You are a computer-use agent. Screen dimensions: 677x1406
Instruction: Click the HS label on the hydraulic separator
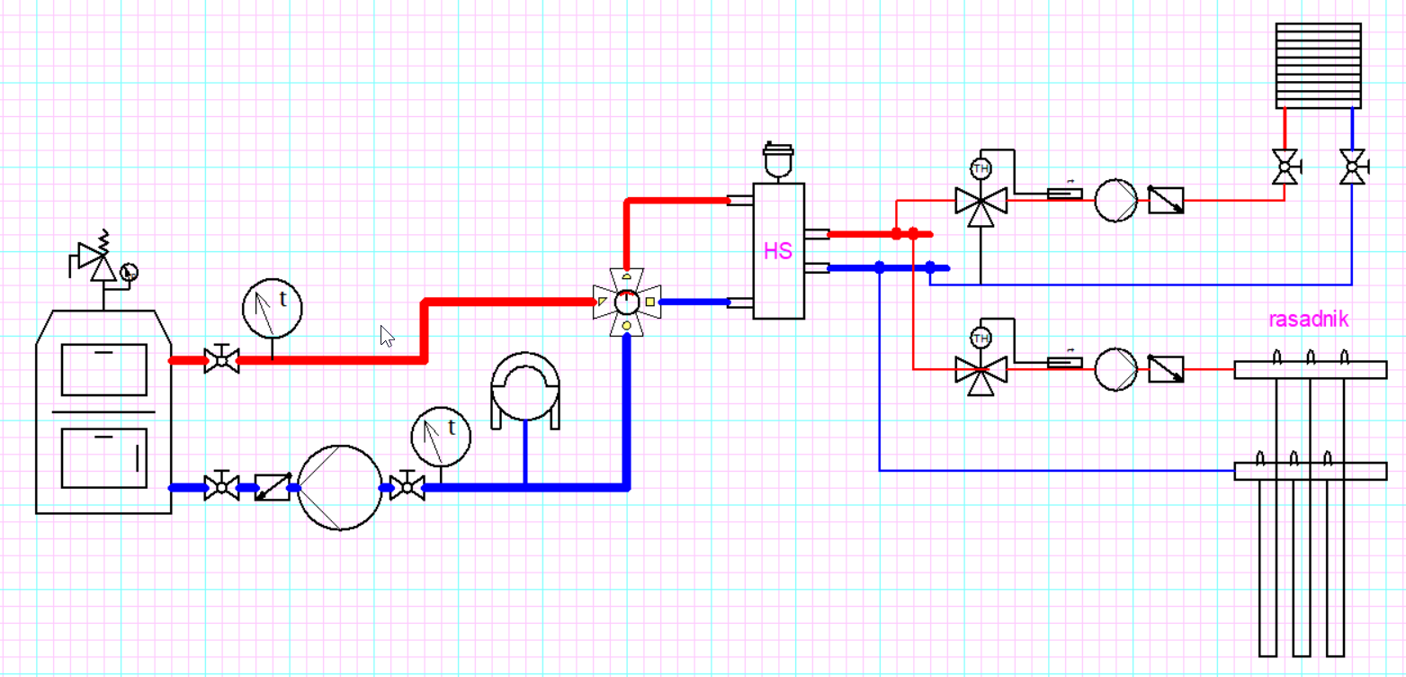[x=778, y=251]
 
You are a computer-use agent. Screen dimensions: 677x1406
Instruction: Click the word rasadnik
[x=1308, y=319]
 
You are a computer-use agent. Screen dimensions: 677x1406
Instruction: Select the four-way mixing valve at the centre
[x=626, y=301]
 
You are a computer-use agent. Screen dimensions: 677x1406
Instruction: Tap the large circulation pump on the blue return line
[x=339, y=487]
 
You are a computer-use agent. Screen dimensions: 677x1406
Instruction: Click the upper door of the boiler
[x=103, y=369]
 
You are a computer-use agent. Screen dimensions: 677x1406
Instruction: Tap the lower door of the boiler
[x=103, y=457]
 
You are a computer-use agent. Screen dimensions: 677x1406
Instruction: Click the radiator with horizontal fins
[x=1318, y=66]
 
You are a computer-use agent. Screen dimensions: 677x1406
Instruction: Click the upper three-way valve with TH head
[x=981, y=201]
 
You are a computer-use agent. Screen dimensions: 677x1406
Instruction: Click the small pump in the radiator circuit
[x=1116, y=199]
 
